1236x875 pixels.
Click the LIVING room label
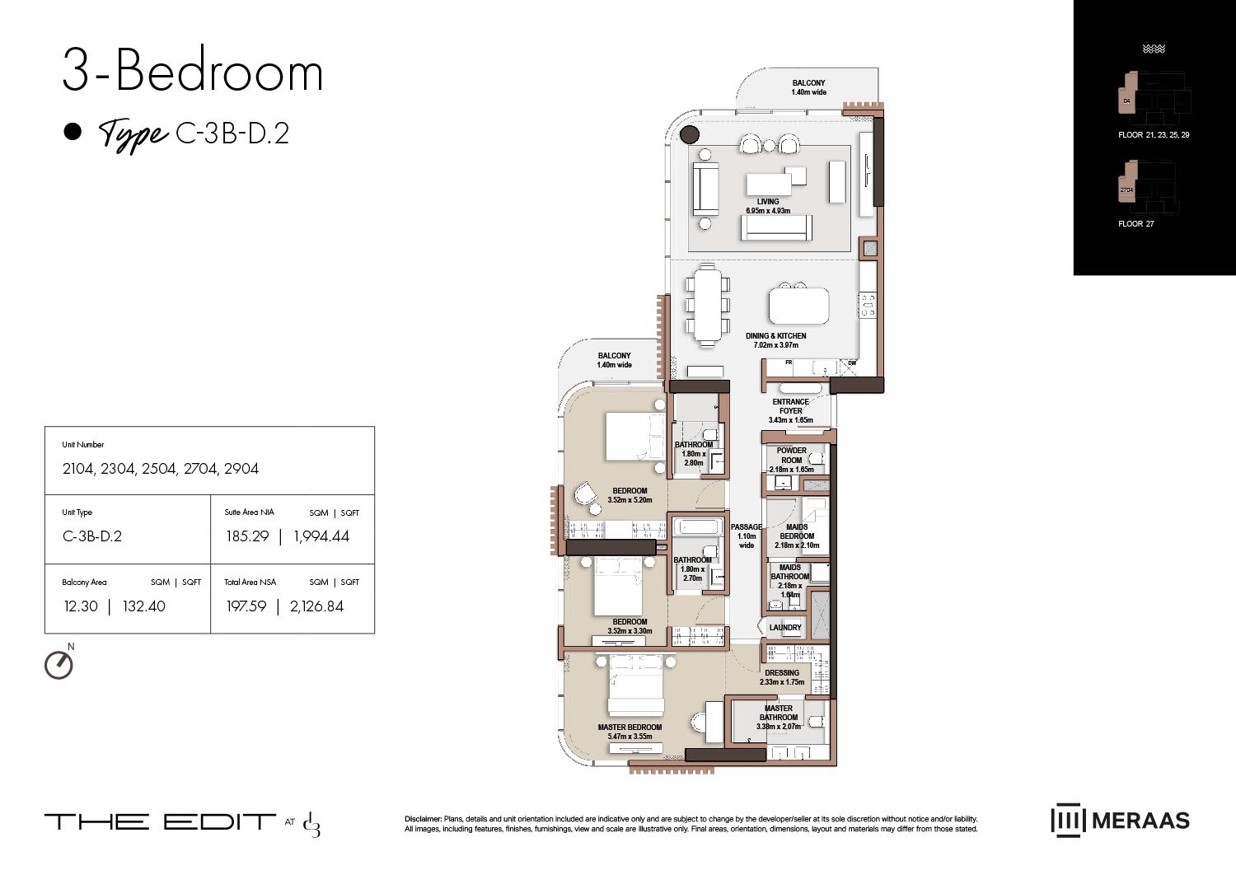(x=767, y=202)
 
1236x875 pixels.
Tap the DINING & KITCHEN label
(x=775, y=336)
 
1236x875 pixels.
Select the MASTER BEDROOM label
(x=630, y=728)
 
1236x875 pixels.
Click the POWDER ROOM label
(x=791, y=456)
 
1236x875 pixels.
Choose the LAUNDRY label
(x=784, y=628)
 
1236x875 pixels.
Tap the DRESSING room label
(x=781, y=673)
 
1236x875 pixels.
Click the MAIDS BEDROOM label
(x=797, y=531)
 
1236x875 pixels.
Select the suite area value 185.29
(x=247, y=536)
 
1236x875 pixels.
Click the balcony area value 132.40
(x=143, y=606)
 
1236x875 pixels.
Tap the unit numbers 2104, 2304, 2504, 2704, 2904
(x=161, y=469)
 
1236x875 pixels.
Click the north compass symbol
(x=59, y=664)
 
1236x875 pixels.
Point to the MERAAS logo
(x=1120, y=821)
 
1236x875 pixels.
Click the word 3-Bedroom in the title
(x=193, y=72)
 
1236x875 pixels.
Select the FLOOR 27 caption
(x=1135, y=224)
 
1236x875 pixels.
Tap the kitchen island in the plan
(x=798, y=306)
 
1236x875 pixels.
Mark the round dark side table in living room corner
(x=690, y=134)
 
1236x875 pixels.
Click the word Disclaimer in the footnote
(x=423, y=819)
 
